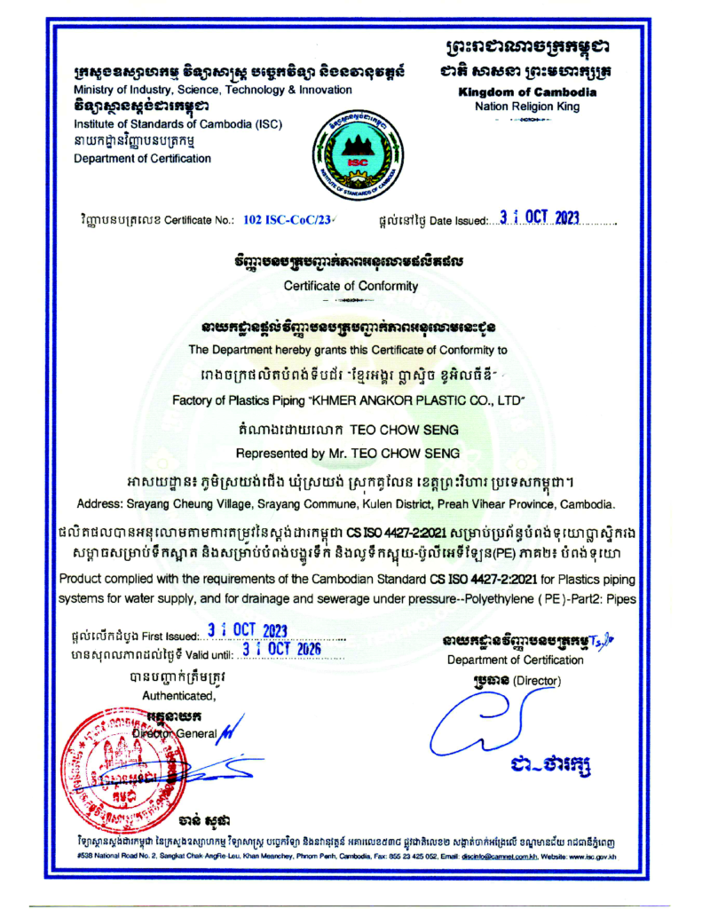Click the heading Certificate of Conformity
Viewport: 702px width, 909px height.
click(x=350, y=286)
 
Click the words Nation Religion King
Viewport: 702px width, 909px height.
click(x=527, y=107)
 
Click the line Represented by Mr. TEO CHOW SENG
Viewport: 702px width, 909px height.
click(x=350, y=453)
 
